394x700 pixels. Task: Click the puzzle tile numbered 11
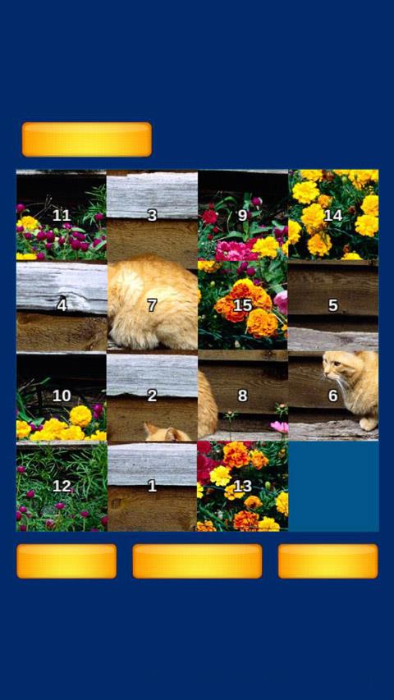62,215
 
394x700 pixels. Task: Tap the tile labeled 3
152,215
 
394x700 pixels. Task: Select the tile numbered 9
243,215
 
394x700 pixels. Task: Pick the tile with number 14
333,215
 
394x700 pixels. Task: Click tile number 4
62,305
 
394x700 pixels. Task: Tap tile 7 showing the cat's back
152,305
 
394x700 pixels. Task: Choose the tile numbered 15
243,305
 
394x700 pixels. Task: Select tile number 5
333,305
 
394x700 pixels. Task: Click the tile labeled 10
62,396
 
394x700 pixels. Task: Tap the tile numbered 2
152,396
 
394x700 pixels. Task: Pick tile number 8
243,396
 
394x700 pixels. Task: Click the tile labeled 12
62,487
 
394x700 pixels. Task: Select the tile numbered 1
152,487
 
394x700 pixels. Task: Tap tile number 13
243,487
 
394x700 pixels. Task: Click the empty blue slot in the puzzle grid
333,487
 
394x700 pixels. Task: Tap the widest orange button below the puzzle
197,560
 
